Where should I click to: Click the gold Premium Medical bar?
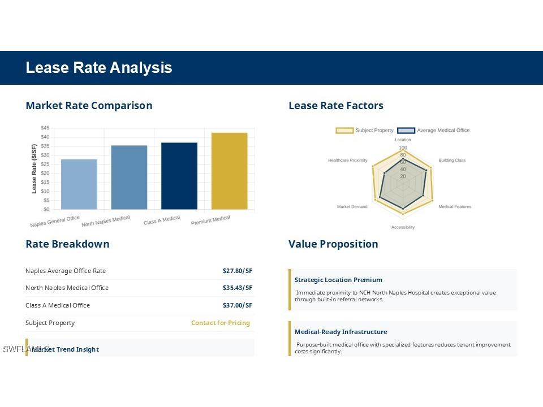(x=229, y=171)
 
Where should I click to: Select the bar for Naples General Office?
(x=79, y=184)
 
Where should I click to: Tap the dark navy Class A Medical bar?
(x=179, y=176)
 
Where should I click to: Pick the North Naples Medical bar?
(x=129, y=177)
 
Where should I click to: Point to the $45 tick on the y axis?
(x=45, y=128)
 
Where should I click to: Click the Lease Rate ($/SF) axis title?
(x=34, y=168)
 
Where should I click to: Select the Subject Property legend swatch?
(x=344, y=131)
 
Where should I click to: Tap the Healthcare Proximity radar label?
(x=347, y=161)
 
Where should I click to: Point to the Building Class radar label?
(x=452, y=161)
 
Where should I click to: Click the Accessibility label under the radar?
(x=403, y=227)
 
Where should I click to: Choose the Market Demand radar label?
(x=352, y=207)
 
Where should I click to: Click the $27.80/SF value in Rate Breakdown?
(x=238, y=271)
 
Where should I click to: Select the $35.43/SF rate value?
(x=238, y=288)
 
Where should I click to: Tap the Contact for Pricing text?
(x=221, y=323)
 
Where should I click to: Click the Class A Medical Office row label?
(x=58, y=305)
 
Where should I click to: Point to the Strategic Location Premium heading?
(x=338, y=280)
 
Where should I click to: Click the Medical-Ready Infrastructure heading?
(x=341, y=332)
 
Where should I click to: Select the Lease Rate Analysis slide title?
(x=99, y=68)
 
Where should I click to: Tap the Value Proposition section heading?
(x=333, y=244)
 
